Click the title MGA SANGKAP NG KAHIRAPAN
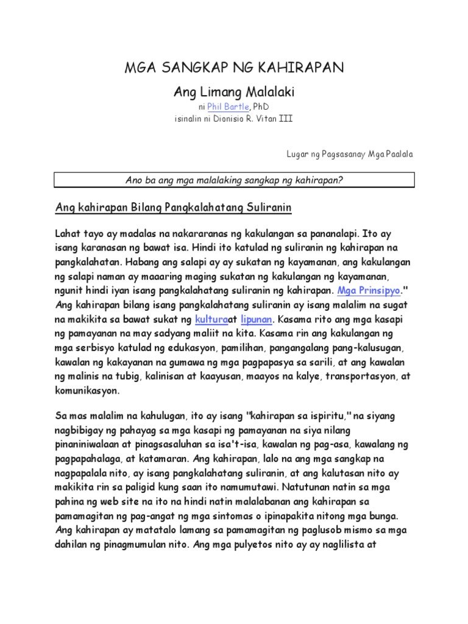234,68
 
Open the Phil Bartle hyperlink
228,107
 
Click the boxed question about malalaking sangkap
235,180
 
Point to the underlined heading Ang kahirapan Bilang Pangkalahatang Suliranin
174,208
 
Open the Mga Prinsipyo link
368,290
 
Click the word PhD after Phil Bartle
260,107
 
